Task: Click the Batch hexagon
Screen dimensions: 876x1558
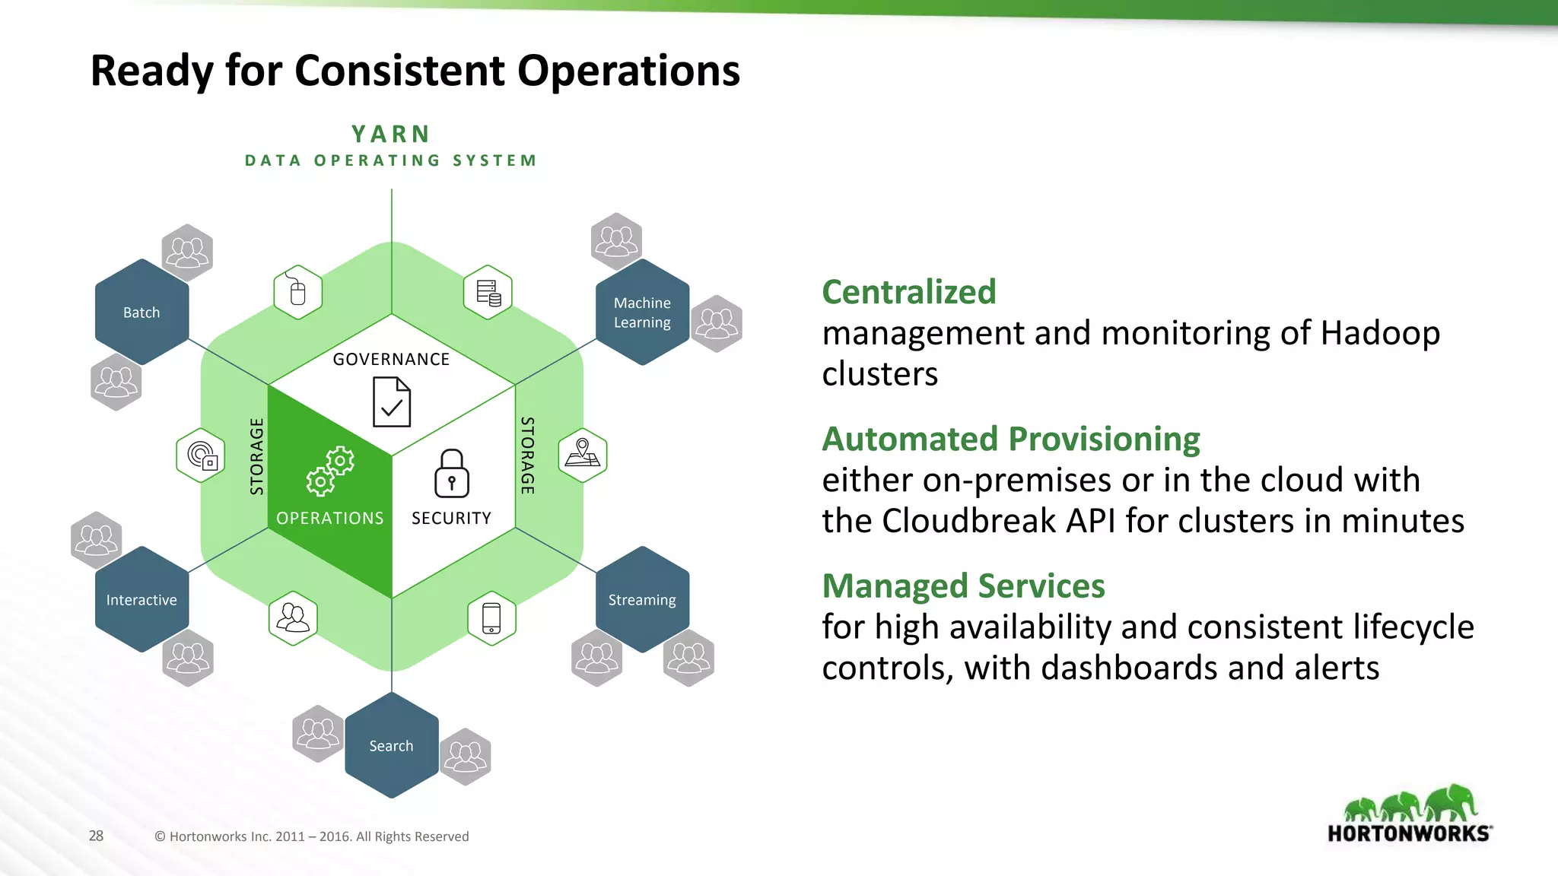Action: point(141,313)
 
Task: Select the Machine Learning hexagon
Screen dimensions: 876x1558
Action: point(642,313)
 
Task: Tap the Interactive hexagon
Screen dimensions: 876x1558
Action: point(141,600)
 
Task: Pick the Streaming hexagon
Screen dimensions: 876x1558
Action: point(642,600)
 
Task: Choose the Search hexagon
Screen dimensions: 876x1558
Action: point(391,746)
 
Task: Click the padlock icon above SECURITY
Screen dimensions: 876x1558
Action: point(452,473)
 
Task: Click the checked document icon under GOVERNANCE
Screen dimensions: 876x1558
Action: point(392,402)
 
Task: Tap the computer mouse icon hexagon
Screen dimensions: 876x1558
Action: point(297,292)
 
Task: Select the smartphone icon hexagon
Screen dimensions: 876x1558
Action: point(491,618)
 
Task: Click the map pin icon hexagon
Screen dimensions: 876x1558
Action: point(583,455)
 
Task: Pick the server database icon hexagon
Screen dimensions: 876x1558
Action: point(488,292)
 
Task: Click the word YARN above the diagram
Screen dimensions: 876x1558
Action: point(391,135)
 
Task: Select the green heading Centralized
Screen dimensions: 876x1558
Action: point(908,292)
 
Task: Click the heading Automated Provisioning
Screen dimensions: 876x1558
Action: point(1011,439)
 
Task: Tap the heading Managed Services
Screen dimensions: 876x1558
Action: point(963,586)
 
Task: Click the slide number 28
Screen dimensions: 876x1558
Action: point(96,836)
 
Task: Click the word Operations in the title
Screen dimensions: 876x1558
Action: point(628,71)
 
